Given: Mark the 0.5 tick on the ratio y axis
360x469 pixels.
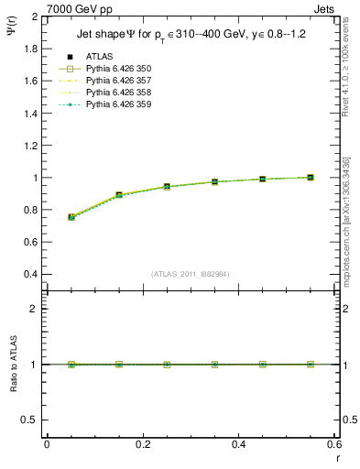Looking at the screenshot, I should [x=29, y=420].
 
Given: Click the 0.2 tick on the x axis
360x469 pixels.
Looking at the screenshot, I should [x=143, y=444].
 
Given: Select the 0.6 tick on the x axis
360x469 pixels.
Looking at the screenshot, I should [x=334, y=444].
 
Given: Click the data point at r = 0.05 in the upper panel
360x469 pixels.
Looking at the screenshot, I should [x=71, y=217].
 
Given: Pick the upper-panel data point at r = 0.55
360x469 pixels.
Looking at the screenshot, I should [x=311, y=177].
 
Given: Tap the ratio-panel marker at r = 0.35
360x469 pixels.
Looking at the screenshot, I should [x=214, y=365].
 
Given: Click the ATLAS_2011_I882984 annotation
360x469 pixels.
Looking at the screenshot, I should [x=191, y=275].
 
